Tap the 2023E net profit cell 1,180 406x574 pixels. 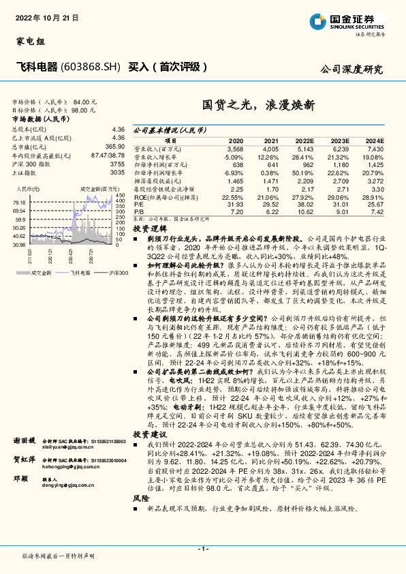339,164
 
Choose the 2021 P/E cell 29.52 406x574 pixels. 270,205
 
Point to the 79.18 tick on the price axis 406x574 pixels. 18,203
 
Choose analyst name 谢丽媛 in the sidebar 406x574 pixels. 24,441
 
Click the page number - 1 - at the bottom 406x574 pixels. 203,549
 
